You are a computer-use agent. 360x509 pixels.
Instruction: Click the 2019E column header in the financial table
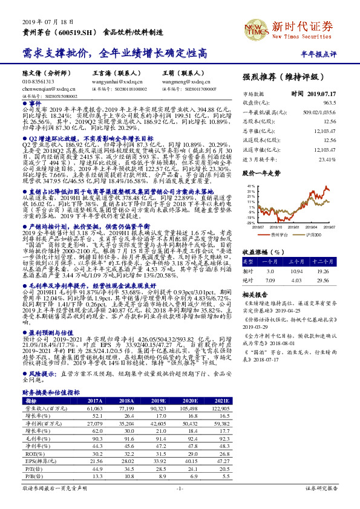coord(159,401)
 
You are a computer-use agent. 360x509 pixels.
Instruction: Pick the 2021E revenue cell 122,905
coord(220,409)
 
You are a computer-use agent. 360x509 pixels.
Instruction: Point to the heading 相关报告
coord(256,278)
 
